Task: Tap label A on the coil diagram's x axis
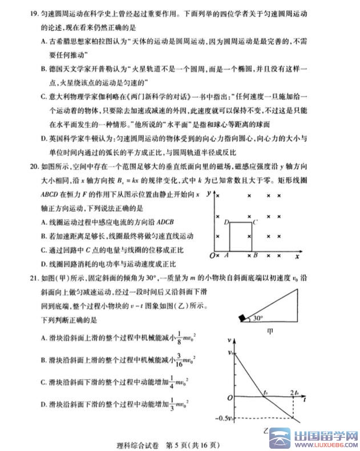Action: [x=226, y=256]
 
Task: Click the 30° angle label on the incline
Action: [x=258, y=319]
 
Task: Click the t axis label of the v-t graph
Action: [x=305, y=401]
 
